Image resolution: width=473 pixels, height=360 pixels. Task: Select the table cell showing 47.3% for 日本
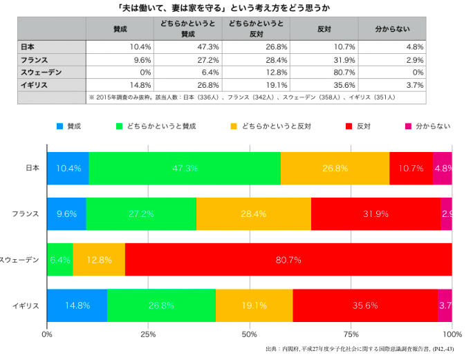click(188, 47)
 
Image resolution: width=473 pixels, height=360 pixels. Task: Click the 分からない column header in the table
click(392, 29)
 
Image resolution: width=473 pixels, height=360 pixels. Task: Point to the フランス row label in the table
click(35, 59)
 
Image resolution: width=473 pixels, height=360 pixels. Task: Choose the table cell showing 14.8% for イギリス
click(120, 84)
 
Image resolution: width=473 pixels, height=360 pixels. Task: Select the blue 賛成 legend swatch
click(60, 126)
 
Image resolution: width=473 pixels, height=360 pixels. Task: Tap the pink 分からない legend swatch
click(408, 126)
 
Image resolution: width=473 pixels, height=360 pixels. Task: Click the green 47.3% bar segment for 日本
click(185, 168)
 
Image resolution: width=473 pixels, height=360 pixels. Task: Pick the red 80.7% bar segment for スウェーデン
click(288, 260)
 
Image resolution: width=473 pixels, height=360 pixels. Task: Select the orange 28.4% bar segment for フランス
click(254, 214)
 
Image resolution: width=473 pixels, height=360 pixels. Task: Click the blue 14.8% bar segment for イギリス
click(77, 306)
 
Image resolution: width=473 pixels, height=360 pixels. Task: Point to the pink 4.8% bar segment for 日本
click(443, 168)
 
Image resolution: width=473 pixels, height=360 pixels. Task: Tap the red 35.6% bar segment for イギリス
click(365, 306)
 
